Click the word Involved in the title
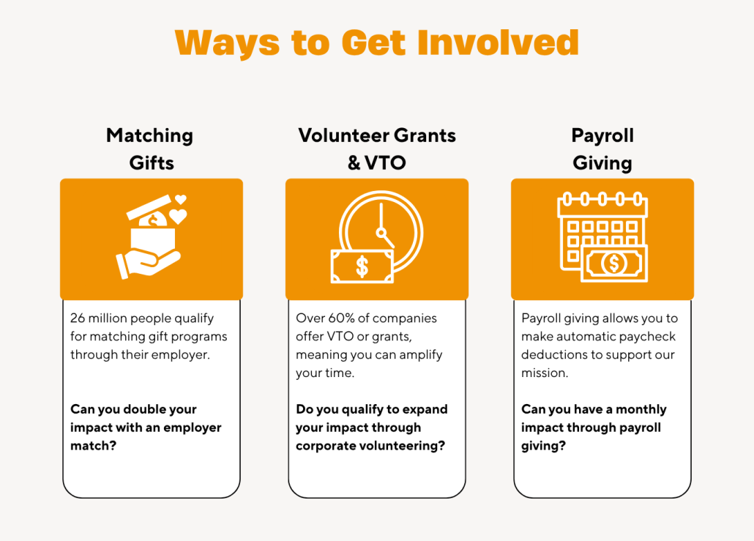click(x=498, y=42)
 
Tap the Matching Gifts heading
click(x=151, y=149)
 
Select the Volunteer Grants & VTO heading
click(x=377, y=149)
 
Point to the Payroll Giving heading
click(x=602, y=149)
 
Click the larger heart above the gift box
click(x=178, y=216)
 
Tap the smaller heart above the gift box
click(x=180, y=199)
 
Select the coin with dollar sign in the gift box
click(x=153, y=221)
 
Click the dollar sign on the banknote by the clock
click(x=362, y=267)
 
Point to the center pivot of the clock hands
click(x=381, y=233)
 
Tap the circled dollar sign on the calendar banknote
click(x=614, y=263)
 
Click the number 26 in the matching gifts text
click(x=78, y=318)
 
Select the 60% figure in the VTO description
click(x=341, y=318)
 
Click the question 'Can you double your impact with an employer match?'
click(x=146, y=428)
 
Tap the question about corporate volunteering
click(x=372, y=428)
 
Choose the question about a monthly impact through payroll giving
click(x=594, y=428)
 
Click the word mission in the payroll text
click(x=543, y=373)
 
